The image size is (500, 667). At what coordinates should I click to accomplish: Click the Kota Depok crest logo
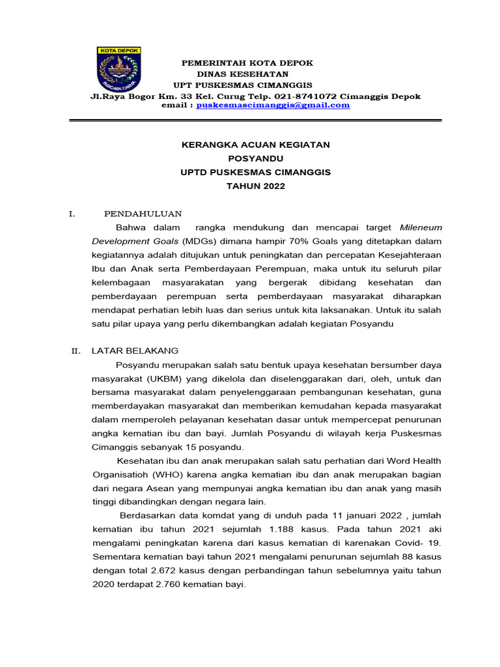pos(119,70)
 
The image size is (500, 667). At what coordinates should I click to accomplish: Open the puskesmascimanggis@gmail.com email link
pos(273,105)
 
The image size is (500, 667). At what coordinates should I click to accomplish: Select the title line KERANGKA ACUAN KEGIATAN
pos(255,144)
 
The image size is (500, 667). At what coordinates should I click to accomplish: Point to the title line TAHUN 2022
pos(255,186)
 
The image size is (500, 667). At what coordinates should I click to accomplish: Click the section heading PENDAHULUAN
pos(143,214)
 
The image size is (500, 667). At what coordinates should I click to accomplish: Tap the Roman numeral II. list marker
pos(76,351)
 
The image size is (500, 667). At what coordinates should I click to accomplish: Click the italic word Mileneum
pos(421,228)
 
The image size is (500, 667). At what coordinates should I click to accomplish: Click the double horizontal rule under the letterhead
pos(255,120)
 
